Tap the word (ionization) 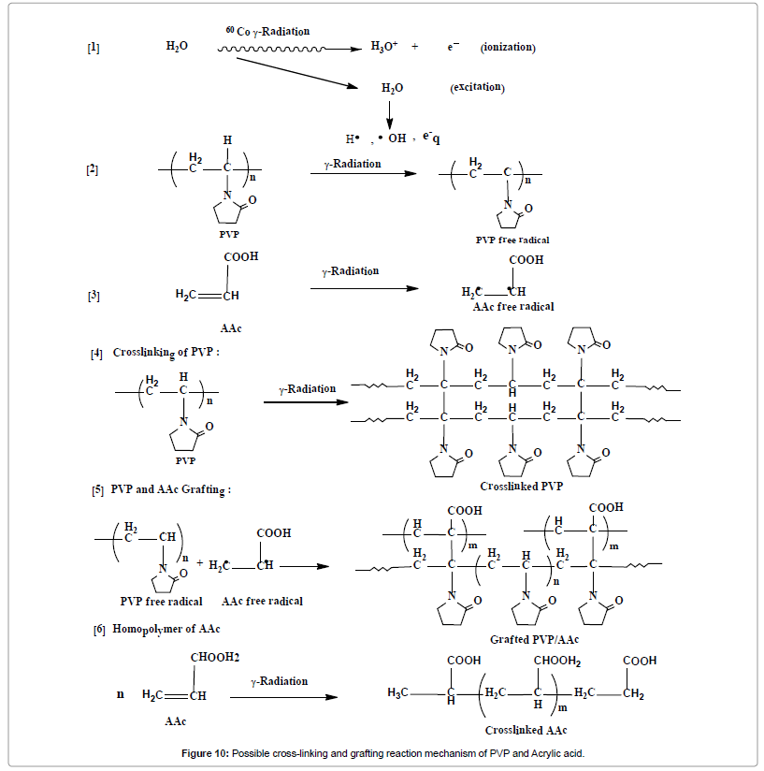(508, 47)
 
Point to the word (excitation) (477, 87)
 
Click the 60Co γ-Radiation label (267, 31)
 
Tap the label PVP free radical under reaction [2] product (512, 240)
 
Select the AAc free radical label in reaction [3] (512, 307)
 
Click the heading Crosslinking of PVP (166, 353)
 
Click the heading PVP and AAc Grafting (170, 489)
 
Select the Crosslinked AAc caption (526, 730)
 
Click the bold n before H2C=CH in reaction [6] (120, 694)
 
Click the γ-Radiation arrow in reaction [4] (302, 400)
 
